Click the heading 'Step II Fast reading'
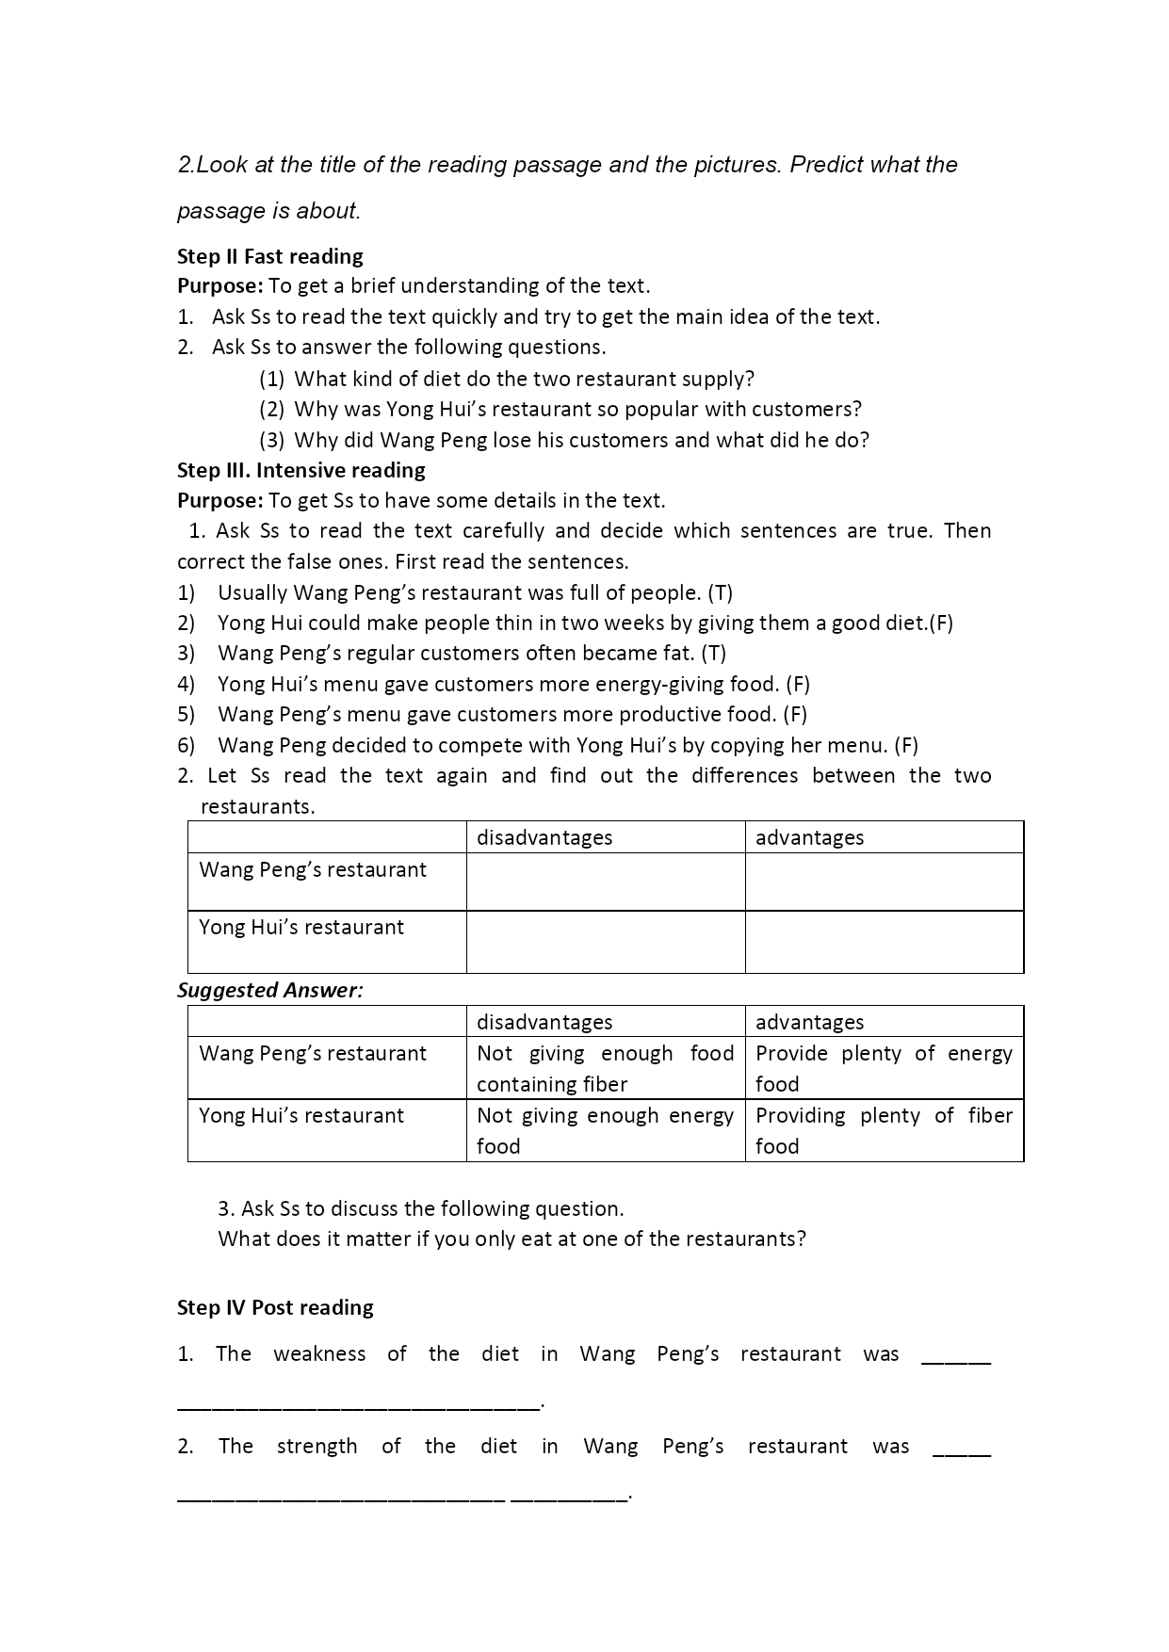tap(270, 256)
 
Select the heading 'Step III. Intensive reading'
tap(301, 470)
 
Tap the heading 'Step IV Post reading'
tap(275, 1307)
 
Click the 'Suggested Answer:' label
tap(270, 990)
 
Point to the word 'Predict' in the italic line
tap(826, 165)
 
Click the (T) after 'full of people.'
tap(720, 592)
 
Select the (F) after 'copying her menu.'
tap(905, 745)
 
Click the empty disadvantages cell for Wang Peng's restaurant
tap(606, 882)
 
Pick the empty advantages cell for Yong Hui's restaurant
tap(884, 942)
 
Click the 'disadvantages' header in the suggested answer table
tap(544, 1022)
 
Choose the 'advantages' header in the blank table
tap(809, 837)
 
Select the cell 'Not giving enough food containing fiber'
tap(605, 1068)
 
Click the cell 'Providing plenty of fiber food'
tap(884, 1130)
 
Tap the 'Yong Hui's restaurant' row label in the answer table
tap(301, 1115)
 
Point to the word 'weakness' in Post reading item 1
tap(319, 1353)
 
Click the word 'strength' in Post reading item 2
tap(317, 1446)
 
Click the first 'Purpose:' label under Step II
tap(220, 286)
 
